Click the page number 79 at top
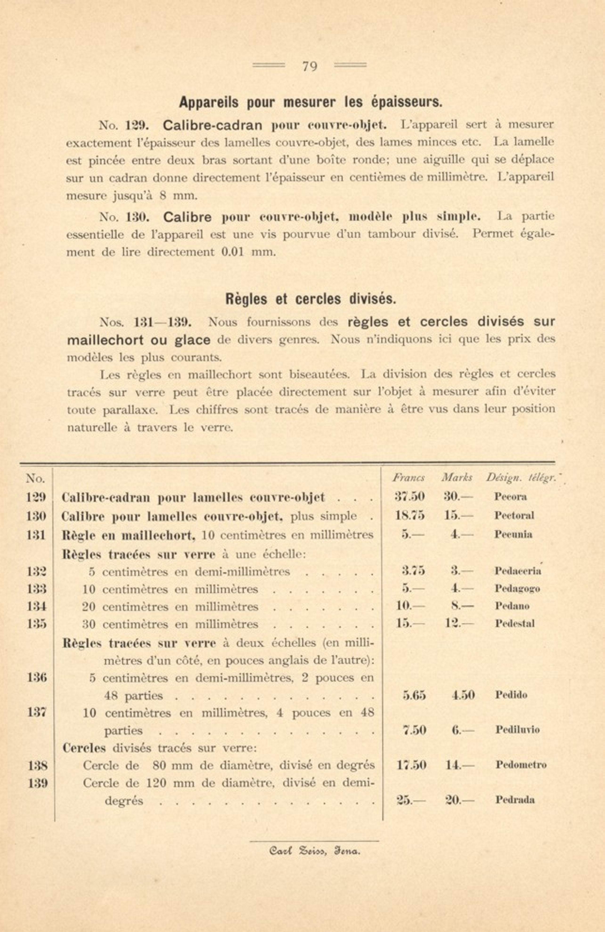[x=309, y=67]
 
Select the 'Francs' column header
[x=409, y=478]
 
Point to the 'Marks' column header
[x=457, y=478]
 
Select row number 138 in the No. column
[x=37, y=766]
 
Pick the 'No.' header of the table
[x=35, y=478]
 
